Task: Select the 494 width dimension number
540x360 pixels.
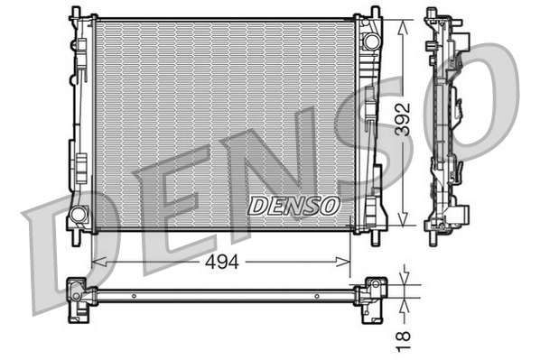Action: coord(220,263)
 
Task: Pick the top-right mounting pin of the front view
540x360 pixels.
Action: coord(374,13)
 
